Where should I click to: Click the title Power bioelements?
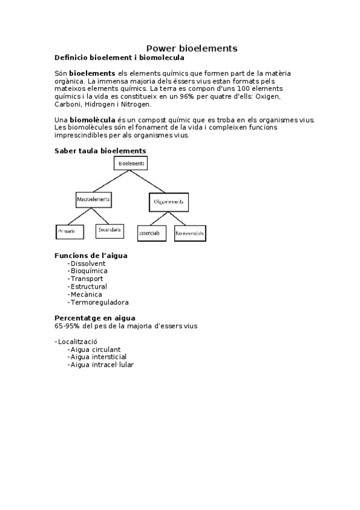point(192,48)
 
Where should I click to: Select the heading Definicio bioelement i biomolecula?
point(119,58)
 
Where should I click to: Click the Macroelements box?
point(94,198)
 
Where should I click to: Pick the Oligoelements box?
point(168,202)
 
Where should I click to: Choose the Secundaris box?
point(109,230)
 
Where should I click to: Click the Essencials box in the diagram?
point(151,233)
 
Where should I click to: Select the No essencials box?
point(190,233)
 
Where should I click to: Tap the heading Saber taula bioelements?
point(100,151)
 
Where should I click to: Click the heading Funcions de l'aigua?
point(91,256)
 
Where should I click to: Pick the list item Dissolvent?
point(87,263)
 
